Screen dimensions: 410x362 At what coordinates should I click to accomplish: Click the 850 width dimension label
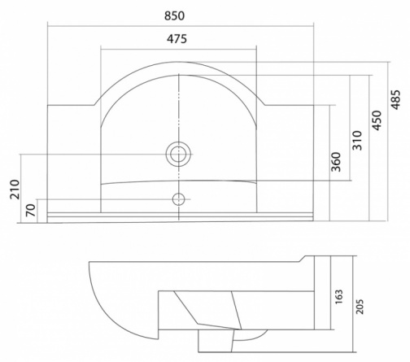pyautogui.click(x=174, y=16)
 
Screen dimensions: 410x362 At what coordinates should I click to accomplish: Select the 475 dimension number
pyautogui.click(x=177, y=39)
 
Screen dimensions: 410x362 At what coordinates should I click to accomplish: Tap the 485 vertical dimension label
pyautogui.click(x=395, y=99)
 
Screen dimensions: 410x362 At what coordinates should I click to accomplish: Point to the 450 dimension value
pyautogui.click(x=377, y=120)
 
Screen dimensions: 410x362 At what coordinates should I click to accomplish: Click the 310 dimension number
pyautogui.click(x=357, y=141)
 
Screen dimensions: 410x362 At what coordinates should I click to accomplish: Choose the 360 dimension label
pyautogui.click(x=336, y=162)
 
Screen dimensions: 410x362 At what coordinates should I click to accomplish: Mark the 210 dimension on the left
pyautogui.click(x=15, y=190)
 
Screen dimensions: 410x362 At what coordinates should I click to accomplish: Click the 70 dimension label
pyautogui.click(x=31, y=210)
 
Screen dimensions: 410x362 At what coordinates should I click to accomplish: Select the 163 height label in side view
pyautogui.click(x=339, y=297)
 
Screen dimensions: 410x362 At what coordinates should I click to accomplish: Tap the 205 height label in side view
pyautogui.click(x=360, y=307)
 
